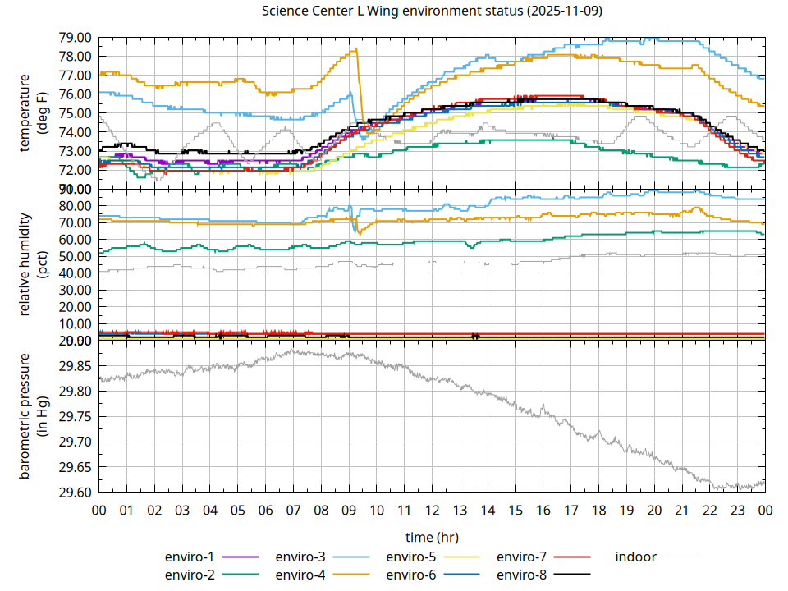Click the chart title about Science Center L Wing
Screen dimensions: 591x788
(x=430, y=11)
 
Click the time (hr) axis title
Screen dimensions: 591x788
(x=432, y=537)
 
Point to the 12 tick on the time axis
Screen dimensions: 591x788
(x=432, y=510)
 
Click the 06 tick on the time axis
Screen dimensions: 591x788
(x=265, y=510)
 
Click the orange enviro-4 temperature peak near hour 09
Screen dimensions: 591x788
(x=355, y=50)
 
